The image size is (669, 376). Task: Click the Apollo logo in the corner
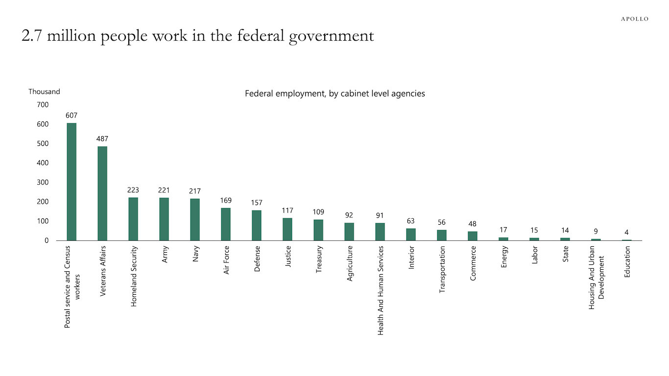coord(634,19)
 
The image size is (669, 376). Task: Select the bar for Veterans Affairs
coord(102,193)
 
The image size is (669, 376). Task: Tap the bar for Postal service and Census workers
coord(72,182)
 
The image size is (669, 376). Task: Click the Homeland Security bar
coord(133,219)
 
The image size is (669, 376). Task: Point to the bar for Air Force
coord(226,224)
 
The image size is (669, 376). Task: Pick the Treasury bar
coord(318,230)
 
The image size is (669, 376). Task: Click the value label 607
coord(72,116)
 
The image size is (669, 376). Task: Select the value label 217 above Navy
coord(195,191)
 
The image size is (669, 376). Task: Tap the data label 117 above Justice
coord(287,211)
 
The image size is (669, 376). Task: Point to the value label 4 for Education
coord(626,233)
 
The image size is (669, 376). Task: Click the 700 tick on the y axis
coord(43,105)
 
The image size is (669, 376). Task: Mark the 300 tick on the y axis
coord(43,183)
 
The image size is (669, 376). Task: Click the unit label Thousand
coord(44,92)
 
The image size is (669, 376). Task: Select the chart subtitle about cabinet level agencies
coord(334,94)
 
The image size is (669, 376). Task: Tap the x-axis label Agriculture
coord(350,263)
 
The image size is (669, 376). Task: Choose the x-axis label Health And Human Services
coord(381,290)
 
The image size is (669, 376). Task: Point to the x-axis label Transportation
coord(442,269)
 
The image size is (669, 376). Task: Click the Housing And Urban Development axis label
coord(597,277)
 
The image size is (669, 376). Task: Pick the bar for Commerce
coord(473,236)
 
